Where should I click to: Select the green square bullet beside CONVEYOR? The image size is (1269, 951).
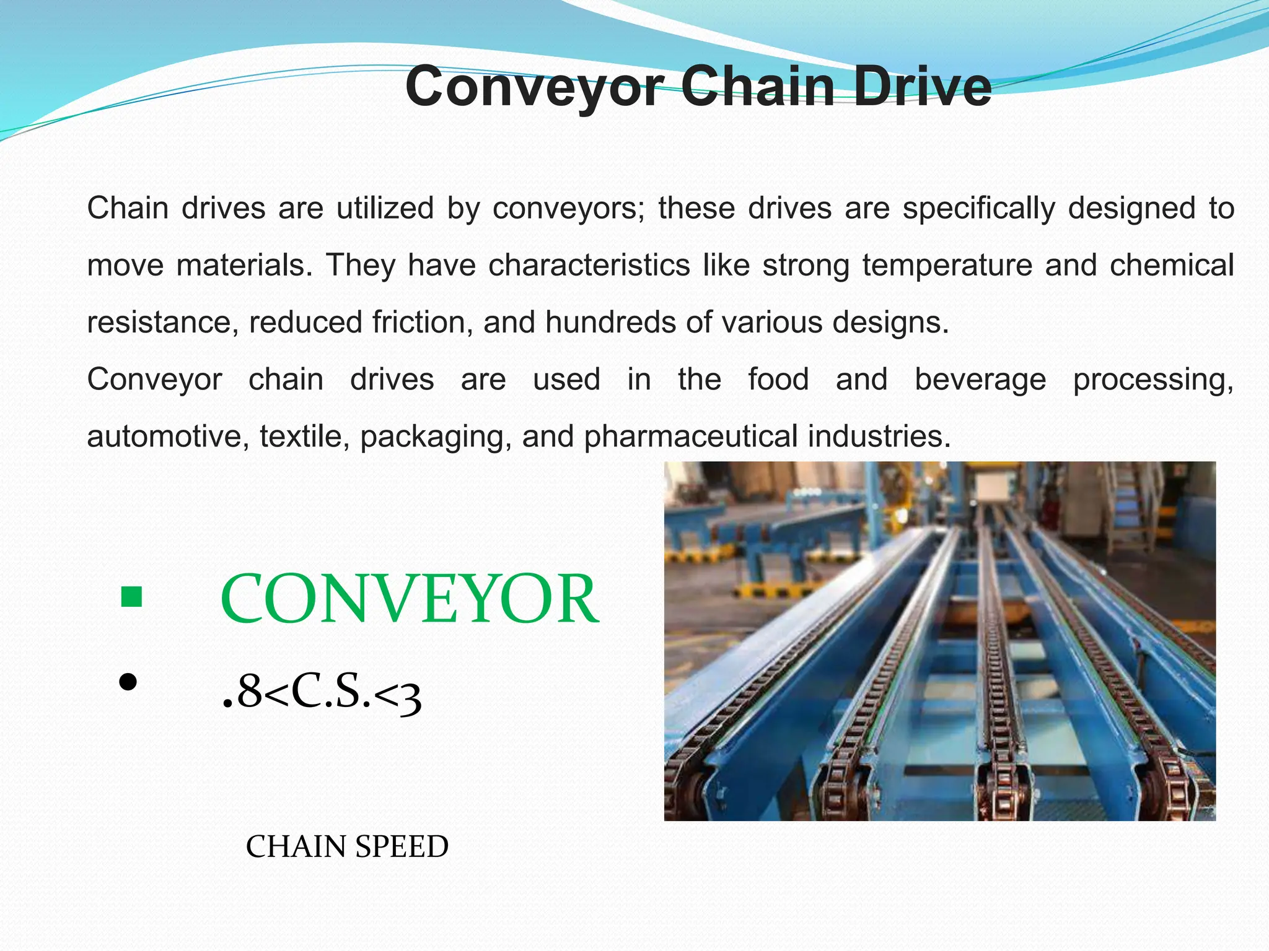(x=132, y=597)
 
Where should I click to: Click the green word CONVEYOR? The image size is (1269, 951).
(x=409, y=599)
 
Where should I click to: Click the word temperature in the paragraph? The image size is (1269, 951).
(x=947, y=266)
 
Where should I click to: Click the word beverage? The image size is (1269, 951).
(x=980, y=380)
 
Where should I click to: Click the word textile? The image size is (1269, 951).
(x=301, y=436)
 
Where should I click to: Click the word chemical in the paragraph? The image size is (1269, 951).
(x=1172, y=266)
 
